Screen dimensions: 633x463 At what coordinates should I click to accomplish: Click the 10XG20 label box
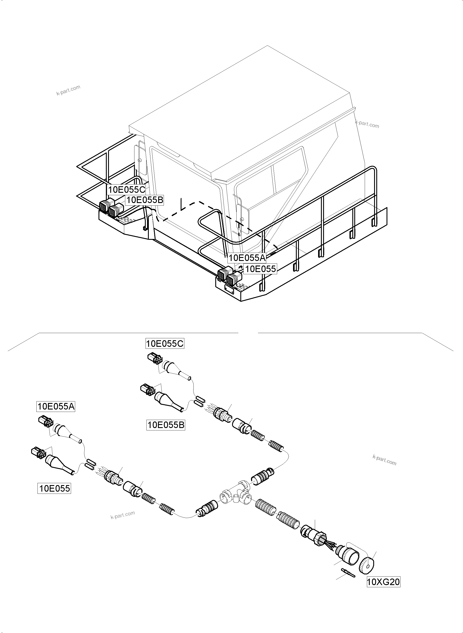tap(383, 582)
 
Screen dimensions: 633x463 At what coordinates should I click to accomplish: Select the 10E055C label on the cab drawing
tap(127, 190)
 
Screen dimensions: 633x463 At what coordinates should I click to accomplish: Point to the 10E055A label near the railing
tap(247, 257)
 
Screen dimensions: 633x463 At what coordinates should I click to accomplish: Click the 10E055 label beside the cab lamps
tap(260, 269)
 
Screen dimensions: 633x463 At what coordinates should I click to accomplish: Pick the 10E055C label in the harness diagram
tap(165, 344)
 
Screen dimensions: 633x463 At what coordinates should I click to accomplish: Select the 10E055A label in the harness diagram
tap(56, 406)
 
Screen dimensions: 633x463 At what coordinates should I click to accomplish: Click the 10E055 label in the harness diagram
tap(54, 488)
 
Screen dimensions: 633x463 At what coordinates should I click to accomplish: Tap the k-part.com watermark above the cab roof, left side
tap(68, 90)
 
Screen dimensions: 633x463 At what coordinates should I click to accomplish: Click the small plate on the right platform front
tap(229, 290)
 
